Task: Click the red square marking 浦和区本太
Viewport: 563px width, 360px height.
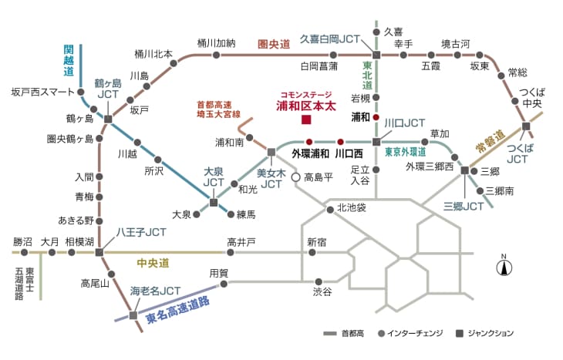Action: coord(306,120)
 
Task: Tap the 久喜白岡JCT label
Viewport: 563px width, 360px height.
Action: coord(329,38)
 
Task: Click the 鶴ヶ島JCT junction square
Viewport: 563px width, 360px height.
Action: coord(108,119)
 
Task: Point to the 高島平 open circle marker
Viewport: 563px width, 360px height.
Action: coord(295,177)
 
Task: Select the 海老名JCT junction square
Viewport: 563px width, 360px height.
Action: coord(134,315)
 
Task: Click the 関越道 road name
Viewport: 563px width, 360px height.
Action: coord(69,60)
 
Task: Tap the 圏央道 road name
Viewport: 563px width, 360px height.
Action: coord(273,45)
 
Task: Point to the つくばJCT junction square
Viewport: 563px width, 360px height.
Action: coord(526,126)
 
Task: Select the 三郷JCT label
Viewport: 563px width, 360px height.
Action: coord(464,206)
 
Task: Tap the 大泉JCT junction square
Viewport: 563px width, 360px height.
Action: coord(214,203)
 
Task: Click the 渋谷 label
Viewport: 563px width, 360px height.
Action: coord(322,292)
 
